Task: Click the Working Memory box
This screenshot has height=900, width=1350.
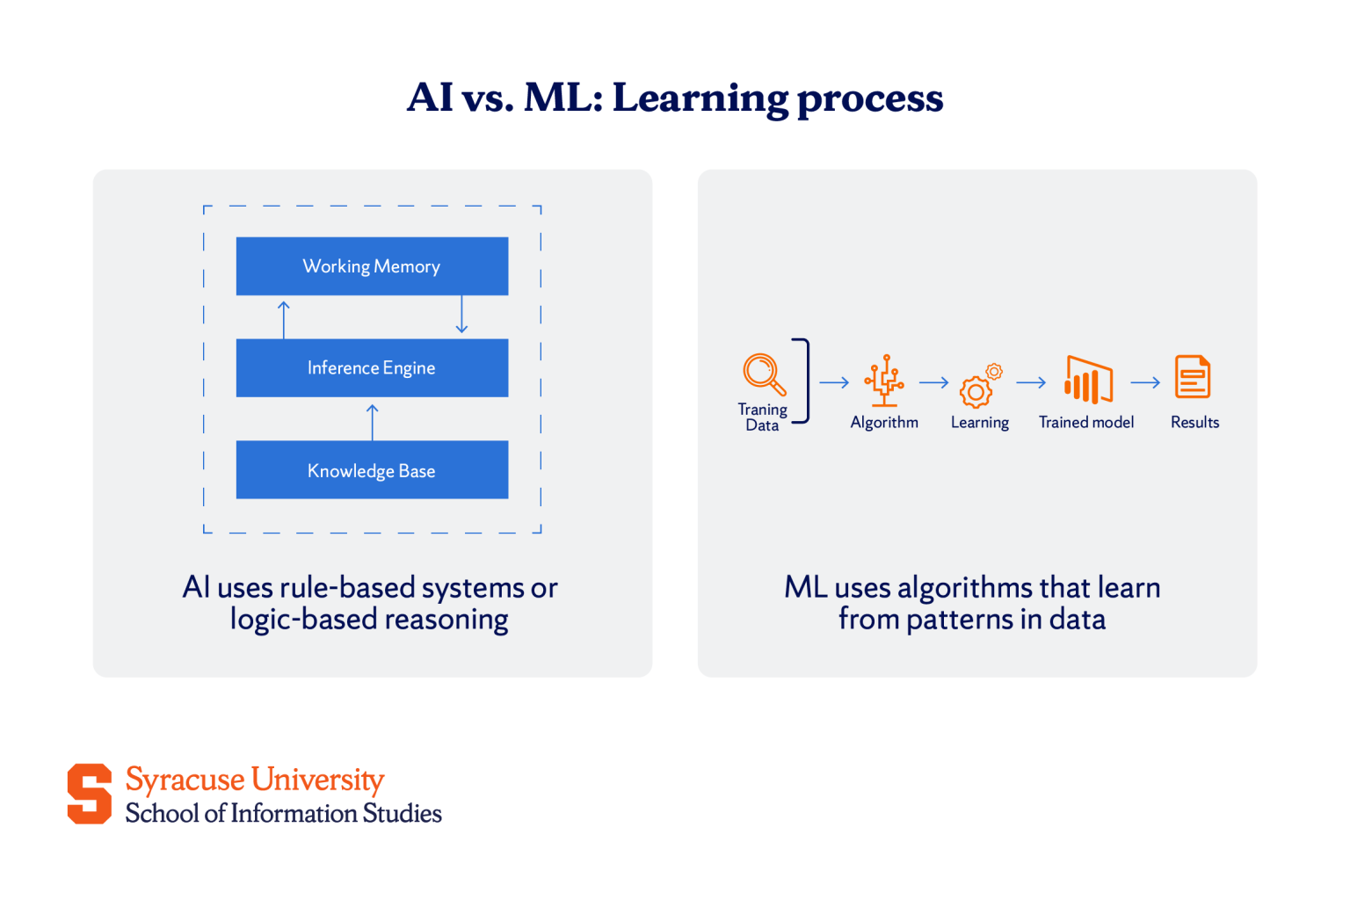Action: (372, 266)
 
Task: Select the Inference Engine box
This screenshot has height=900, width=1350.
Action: (372, 368)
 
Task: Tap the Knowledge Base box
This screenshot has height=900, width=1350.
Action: (372, 470)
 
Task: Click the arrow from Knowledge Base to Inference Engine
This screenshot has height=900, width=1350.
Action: (373, 422)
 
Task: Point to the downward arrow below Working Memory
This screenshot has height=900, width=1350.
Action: (461, 315)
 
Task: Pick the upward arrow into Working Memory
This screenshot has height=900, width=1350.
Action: (284, 319)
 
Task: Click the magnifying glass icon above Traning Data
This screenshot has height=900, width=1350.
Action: (764, 374)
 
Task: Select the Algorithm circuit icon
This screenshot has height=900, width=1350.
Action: (884, 381)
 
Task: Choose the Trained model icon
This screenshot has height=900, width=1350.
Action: (1088, 381)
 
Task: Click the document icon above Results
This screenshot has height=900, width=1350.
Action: (1193, 377)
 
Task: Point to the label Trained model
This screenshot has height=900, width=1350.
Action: (1086, 423)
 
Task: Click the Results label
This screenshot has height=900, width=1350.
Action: (1194, 423)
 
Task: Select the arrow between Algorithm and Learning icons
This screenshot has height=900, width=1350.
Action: (934, 383)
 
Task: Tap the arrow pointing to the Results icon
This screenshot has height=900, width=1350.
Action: (1145, 383)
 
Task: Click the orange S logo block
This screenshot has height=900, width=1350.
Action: (90, 794)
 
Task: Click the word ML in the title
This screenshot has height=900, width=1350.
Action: (562, 98)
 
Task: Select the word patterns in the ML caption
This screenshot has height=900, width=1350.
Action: (960, 620)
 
